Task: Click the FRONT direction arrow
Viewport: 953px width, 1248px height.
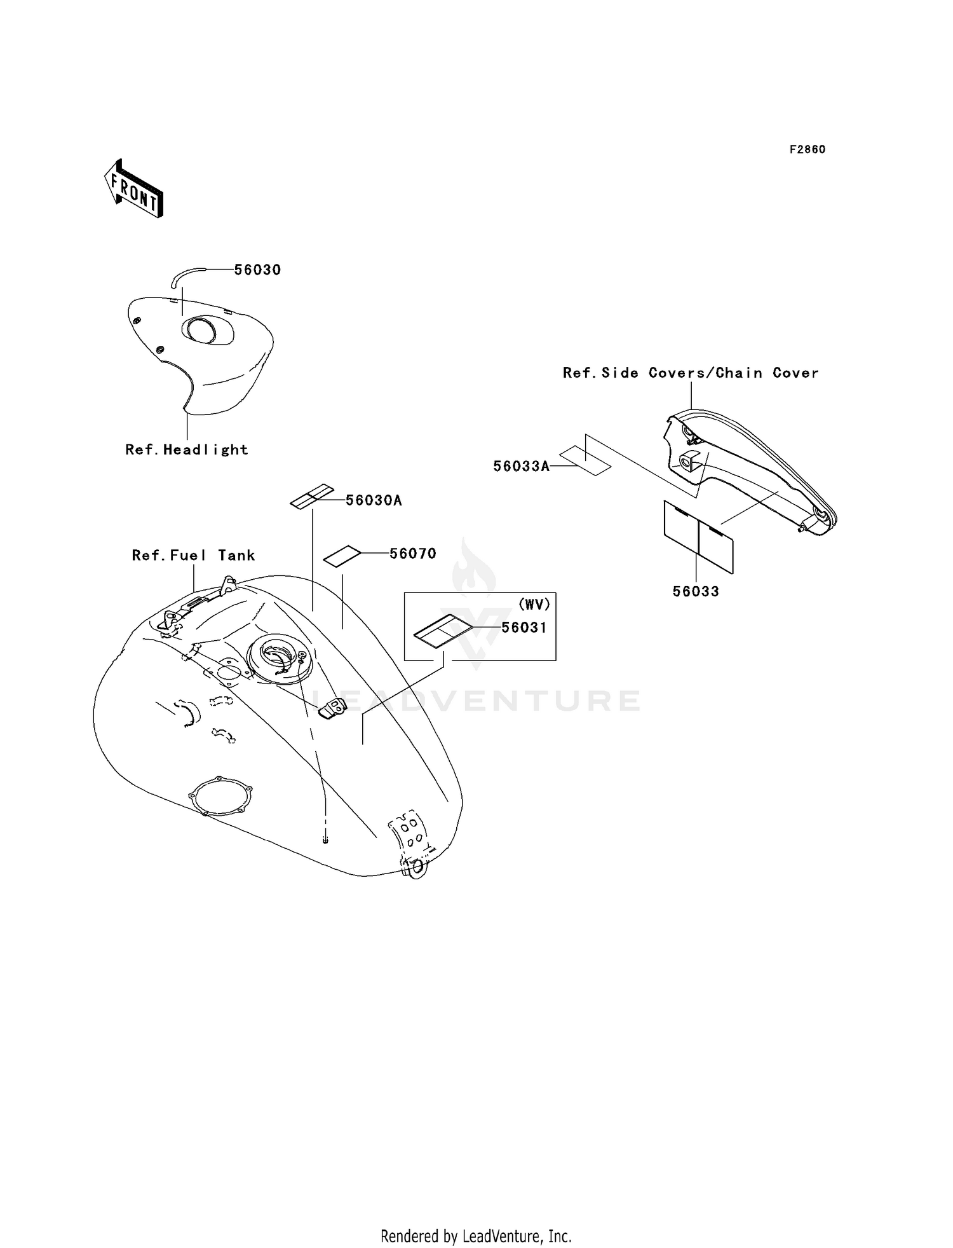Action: pyautogui.click(x=133, y=189)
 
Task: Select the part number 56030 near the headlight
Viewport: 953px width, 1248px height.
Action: pyautogui.click(x=257, y=270)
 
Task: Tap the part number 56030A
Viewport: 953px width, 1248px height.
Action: pyautogui.click(x=374, y=500)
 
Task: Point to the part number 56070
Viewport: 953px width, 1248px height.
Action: pyautogui.click(x=413, y=554)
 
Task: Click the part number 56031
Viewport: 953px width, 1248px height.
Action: pyautogui.click(x=524, y=627)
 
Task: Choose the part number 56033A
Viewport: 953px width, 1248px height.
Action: pyautogui.click(x=522, y=467)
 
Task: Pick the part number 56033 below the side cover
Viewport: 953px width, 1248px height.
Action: pyautogui.click(x=696, y=592)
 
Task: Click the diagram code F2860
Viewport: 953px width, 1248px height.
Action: pyautogui.click(x=808, y=149)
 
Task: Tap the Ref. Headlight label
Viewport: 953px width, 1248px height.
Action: pyautogui.click(x=187, y=449)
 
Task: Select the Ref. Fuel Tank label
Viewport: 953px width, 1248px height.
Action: pyautogui.click(x=193, y=555)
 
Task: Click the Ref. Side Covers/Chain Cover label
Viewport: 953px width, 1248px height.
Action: pyautogui.click(x=691, y=373)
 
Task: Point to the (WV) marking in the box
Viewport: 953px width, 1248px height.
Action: pyautogui.click(x=534, y=604)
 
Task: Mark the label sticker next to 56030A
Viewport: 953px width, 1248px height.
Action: pyautogui.click(x=312, y=497)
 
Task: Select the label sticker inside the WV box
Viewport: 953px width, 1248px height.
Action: pyautogui.click(x=443, y=631)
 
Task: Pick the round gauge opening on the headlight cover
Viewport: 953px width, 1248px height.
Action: pyautogui.click(x=199, y=330)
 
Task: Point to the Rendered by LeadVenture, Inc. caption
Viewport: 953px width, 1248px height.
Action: pyautogui.click(x=476, y=1236)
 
